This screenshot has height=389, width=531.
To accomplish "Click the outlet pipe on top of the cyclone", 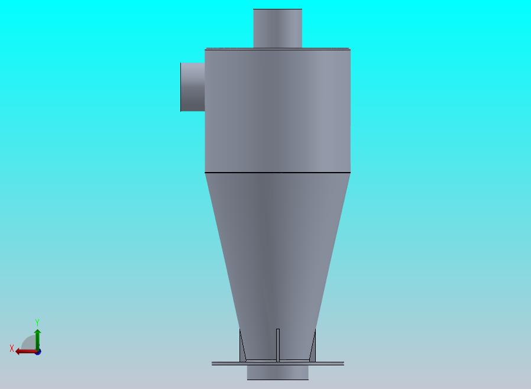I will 277,28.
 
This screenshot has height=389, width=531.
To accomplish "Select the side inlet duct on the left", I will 193,87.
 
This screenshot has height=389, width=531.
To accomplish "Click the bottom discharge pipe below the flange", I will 277,372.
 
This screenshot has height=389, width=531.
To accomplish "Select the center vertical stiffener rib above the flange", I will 277,345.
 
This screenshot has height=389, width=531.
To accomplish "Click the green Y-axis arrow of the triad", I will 37,338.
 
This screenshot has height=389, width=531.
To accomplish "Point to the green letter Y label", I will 37,323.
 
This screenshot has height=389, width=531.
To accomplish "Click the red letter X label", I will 11,349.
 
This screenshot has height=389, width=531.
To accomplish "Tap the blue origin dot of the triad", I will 38,352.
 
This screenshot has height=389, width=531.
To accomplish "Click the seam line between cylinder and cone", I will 277,173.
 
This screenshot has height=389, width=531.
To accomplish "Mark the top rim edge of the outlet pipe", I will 277,9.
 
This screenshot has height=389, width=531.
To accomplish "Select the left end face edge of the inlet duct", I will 181,87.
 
